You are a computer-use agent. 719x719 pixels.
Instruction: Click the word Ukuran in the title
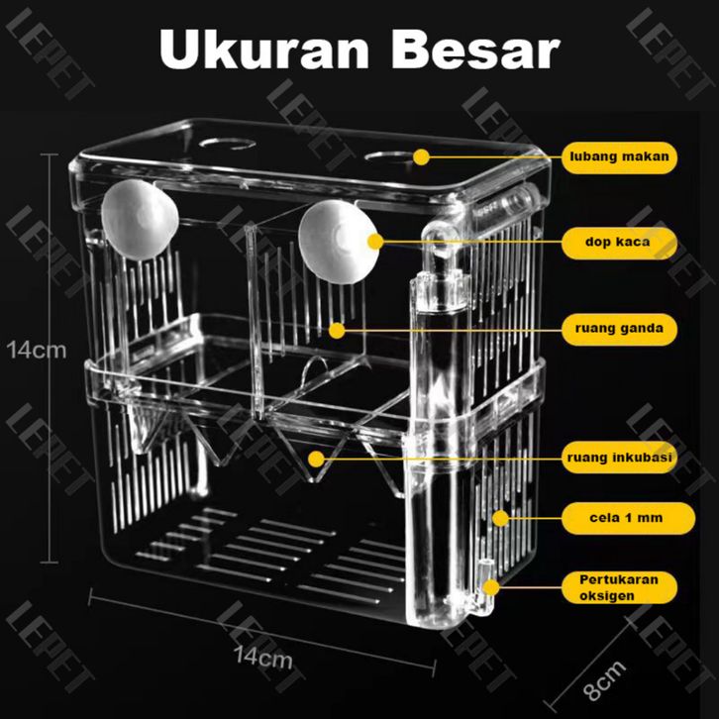coord(264,50)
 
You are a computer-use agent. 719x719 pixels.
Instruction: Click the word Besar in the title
coord(475,50)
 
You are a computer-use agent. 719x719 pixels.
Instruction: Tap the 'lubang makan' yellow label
coord(619,157)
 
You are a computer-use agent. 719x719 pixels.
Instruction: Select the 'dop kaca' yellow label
coord(619,243)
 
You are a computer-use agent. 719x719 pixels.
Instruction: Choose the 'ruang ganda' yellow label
coord(619,329)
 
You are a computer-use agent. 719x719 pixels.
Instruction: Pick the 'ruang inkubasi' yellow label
coord(619,458)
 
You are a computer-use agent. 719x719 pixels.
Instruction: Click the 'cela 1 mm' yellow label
coord(628,518)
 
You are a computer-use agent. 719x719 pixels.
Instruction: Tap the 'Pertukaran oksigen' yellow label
coord(619,588)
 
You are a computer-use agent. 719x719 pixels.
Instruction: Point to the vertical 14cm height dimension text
coord(37,351)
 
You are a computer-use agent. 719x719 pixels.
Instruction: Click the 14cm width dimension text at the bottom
coord(262,658)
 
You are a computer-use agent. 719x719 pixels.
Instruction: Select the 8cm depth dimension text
coord(605,680)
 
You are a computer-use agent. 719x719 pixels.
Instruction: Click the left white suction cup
coord(140,220)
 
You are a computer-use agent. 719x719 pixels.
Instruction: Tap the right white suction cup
coord(339,242)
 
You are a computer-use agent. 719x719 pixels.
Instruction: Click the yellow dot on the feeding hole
coord(421,157)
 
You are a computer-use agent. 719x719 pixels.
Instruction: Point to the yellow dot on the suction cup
coord(375,242)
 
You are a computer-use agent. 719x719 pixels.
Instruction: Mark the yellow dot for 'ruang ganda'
coord(337,331)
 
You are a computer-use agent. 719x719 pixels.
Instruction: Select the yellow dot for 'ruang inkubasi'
coord(316,459)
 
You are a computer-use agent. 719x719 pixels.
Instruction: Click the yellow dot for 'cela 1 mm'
coord(501,519)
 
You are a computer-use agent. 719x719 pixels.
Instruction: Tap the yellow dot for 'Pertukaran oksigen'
coord(491,587)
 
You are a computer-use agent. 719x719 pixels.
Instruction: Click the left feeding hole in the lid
coord(228,144)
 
